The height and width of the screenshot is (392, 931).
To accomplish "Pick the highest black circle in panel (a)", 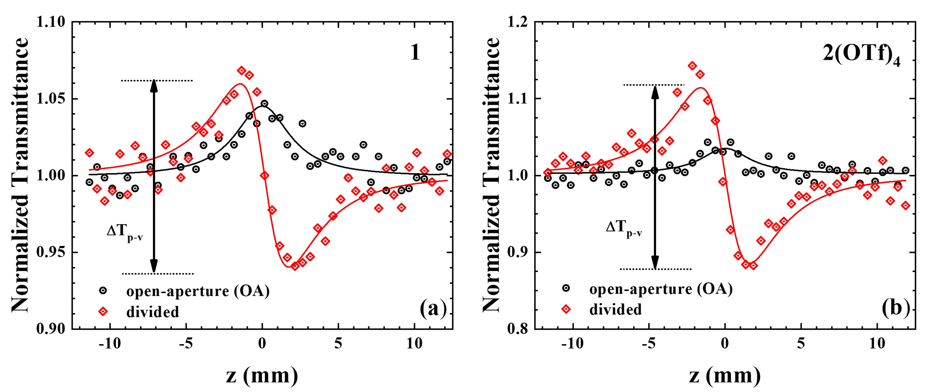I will coord(264,104).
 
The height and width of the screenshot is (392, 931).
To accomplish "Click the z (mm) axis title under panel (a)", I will coord(262,376).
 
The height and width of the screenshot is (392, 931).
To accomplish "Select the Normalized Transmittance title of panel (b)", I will coord(492,175).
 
